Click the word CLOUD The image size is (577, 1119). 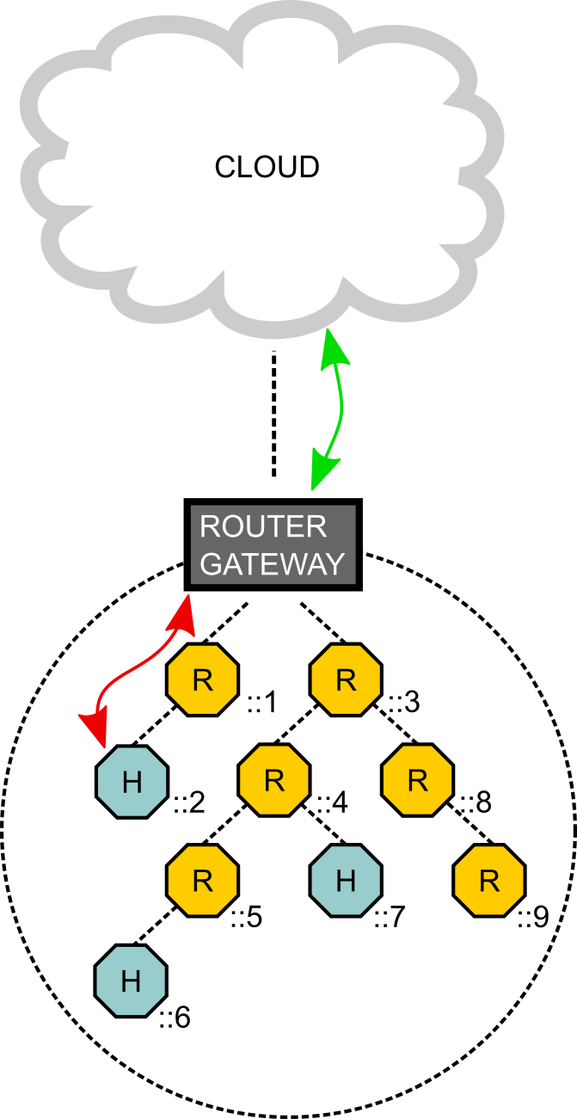[x=267, y=167]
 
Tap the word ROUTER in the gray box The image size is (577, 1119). [x=250, y=526]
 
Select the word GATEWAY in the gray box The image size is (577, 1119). [x=272, y=564]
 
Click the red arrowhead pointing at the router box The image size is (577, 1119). [x=183, y=614]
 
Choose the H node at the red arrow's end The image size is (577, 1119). [x=132, y=782]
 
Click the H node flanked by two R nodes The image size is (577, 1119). [x=345, y=880]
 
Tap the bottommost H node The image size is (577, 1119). [x=131, y=981]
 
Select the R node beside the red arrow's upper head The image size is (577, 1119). [x=202, y=679]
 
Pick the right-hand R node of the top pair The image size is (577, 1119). [x=345, y=679]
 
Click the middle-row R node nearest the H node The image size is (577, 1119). [x=273, y=780]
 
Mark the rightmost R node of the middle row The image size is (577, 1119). [x=417, y=780]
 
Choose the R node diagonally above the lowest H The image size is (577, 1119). [x=202, y=880]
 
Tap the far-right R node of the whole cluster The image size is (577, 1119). [x=488, y=880]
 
